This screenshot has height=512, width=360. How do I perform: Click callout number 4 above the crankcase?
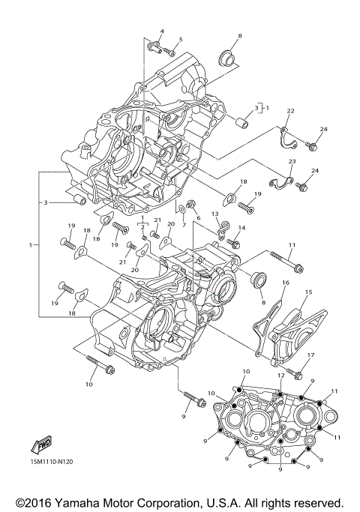click(x=160, y=31)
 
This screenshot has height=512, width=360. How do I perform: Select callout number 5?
click(x=180, y=39)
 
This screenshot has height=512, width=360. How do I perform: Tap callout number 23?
click(x=291, y=162)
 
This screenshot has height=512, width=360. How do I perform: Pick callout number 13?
click(x=214, y=214)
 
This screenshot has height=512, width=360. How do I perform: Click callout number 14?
click(x=242, y=228)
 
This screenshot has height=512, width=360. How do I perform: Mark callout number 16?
click(x=285, y=282)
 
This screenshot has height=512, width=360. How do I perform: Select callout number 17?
click(x=310, y=355)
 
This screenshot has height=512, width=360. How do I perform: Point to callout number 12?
click(x=280, y=375)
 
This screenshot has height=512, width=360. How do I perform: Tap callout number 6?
click(x=198, y=217)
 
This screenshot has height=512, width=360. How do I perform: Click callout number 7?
click(x=184, y=225)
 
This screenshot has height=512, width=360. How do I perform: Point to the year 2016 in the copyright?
click(x=40, y=502)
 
